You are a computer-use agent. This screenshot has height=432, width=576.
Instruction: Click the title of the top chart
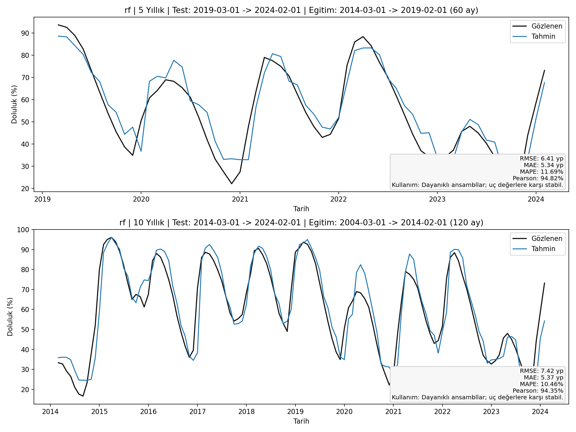301,10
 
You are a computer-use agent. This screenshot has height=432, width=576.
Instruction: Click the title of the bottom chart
301,223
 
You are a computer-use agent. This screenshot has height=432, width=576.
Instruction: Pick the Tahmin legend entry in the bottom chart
543,249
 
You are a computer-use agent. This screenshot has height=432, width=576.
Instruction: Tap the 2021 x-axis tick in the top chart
240,199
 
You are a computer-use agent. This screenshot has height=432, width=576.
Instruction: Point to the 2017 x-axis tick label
197,412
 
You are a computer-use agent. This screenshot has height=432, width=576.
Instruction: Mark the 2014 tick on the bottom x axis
50,412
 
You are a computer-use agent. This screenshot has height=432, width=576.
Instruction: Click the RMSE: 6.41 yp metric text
541,158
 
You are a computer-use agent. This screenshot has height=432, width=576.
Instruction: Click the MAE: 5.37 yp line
543,377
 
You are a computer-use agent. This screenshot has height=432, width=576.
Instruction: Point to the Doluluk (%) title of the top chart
14,104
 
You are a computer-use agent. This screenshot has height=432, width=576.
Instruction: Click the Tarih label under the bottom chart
301,421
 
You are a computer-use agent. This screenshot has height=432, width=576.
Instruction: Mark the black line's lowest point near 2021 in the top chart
231,184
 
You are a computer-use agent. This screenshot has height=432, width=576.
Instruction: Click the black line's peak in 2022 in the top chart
363,37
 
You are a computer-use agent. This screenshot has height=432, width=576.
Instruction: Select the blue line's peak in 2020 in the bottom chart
360,265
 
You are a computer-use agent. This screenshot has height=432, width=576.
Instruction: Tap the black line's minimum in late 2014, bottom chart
83,396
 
